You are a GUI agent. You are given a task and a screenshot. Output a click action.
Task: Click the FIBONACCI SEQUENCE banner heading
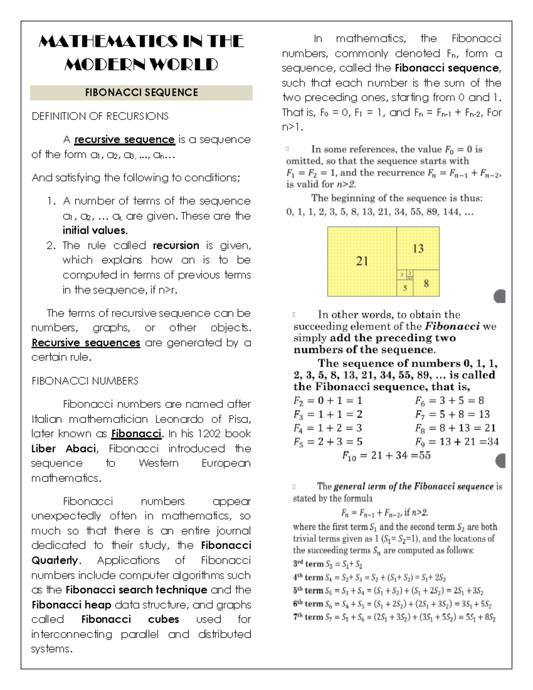pyautogui.click(x=141, y=92)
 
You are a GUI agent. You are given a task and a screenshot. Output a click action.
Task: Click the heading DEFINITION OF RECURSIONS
pyautogui.click(x=100, y=116)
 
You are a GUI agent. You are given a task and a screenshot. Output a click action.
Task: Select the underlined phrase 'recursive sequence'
pyautogui.click(x=124, y=140)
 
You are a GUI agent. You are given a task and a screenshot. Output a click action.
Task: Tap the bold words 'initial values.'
pyautogui.click(x=95, y=230)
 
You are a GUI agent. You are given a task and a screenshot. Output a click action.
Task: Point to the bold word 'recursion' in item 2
pyautogui.click(x=176, y=245)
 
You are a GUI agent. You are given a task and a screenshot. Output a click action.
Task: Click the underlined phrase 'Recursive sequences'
pyautogui.click(x=86, y=343)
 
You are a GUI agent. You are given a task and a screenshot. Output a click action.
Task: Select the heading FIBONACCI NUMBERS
pyautogui.click(x=85, y=381)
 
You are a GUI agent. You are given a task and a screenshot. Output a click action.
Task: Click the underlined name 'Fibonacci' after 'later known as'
pyautogui.click(x=137, y=434)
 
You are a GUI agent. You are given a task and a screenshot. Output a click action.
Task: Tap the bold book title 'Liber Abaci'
pyautogui.click(x=64, y=448)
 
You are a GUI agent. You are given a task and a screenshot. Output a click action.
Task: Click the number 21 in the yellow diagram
pyautogui.click(x=362, y=261)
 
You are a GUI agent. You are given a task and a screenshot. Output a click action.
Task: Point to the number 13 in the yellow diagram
pyautogui.click(x=418, y=248)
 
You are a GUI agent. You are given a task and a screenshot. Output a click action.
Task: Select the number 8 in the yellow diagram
pyautogui.click(x=426, y=283)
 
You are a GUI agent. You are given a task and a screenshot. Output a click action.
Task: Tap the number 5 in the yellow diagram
pyautogui.click(x=405, y=288)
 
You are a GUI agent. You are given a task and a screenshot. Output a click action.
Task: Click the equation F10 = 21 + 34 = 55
pyautogui.click(x=386, y=456)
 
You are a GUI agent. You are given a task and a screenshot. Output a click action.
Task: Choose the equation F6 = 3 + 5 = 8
pyautogui.click(x=449, y=400)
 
